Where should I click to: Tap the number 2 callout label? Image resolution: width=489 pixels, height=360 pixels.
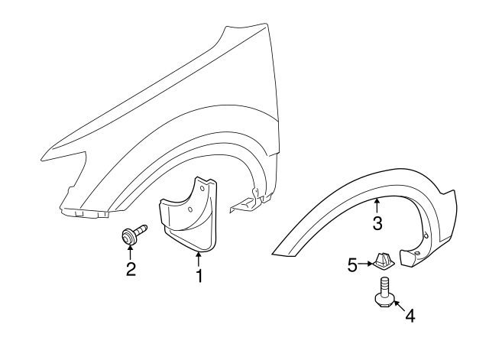(131, 268)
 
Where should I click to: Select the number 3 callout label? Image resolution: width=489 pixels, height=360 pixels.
(377, 223)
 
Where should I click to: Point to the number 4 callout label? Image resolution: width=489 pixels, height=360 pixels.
(410, 315)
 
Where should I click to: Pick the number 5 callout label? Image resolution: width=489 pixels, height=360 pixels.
(353, 265)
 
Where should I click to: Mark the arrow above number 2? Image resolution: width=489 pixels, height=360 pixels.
(131, 252)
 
